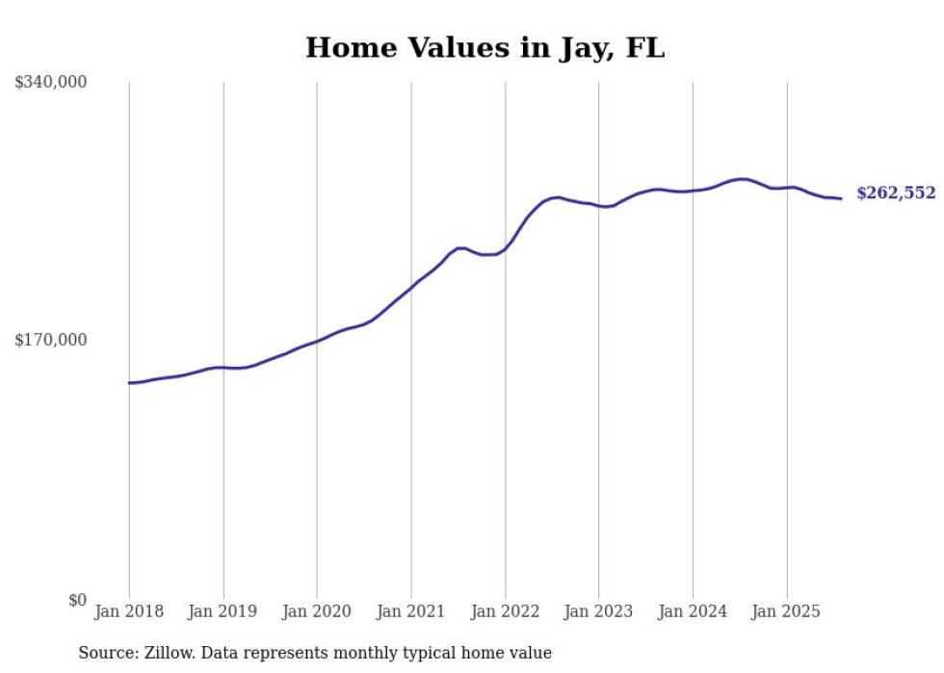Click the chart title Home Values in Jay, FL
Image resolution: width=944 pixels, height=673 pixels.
click(485, 47)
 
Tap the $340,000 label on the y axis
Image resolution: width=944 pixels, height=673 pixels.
click(51, 83)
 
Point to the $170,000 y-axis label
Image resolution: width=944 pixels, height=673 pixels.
click(51, 340)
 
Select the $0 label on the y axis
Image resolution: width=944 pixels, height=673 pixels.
click(78, 601)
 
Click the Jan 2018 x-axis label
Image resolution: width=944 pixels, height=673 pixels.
click(129, 611)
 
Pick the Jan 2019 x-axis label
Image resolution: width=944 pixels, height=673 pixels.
click(223, 611)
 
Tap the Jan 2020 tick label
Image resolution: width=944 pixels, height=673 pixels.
click(317, 611)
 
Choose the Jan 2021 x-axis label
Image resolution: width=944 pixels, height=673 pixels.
click(411, 611)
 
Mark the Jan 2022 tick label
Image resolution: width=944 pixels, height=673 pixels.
click(505, 611)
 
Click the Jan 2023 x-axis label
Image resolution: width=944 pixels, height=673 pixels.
click(598, 611)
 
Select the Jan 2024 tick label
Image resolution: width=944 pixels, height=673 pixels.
click(693, 611)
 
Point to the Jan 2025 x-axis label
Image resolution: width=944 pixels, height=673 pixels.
click(787, 611)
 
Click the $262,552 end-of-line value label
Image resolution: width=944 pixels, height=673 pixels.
click(896, 194)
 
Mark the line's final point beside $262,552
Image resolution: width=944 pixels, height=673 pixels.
click(842, 198)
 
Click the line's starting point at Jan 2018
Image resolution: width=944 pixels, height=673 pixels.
click(129, 383)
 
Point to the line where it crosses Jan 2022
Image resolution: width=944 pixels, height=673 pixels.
click(505, 249)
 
